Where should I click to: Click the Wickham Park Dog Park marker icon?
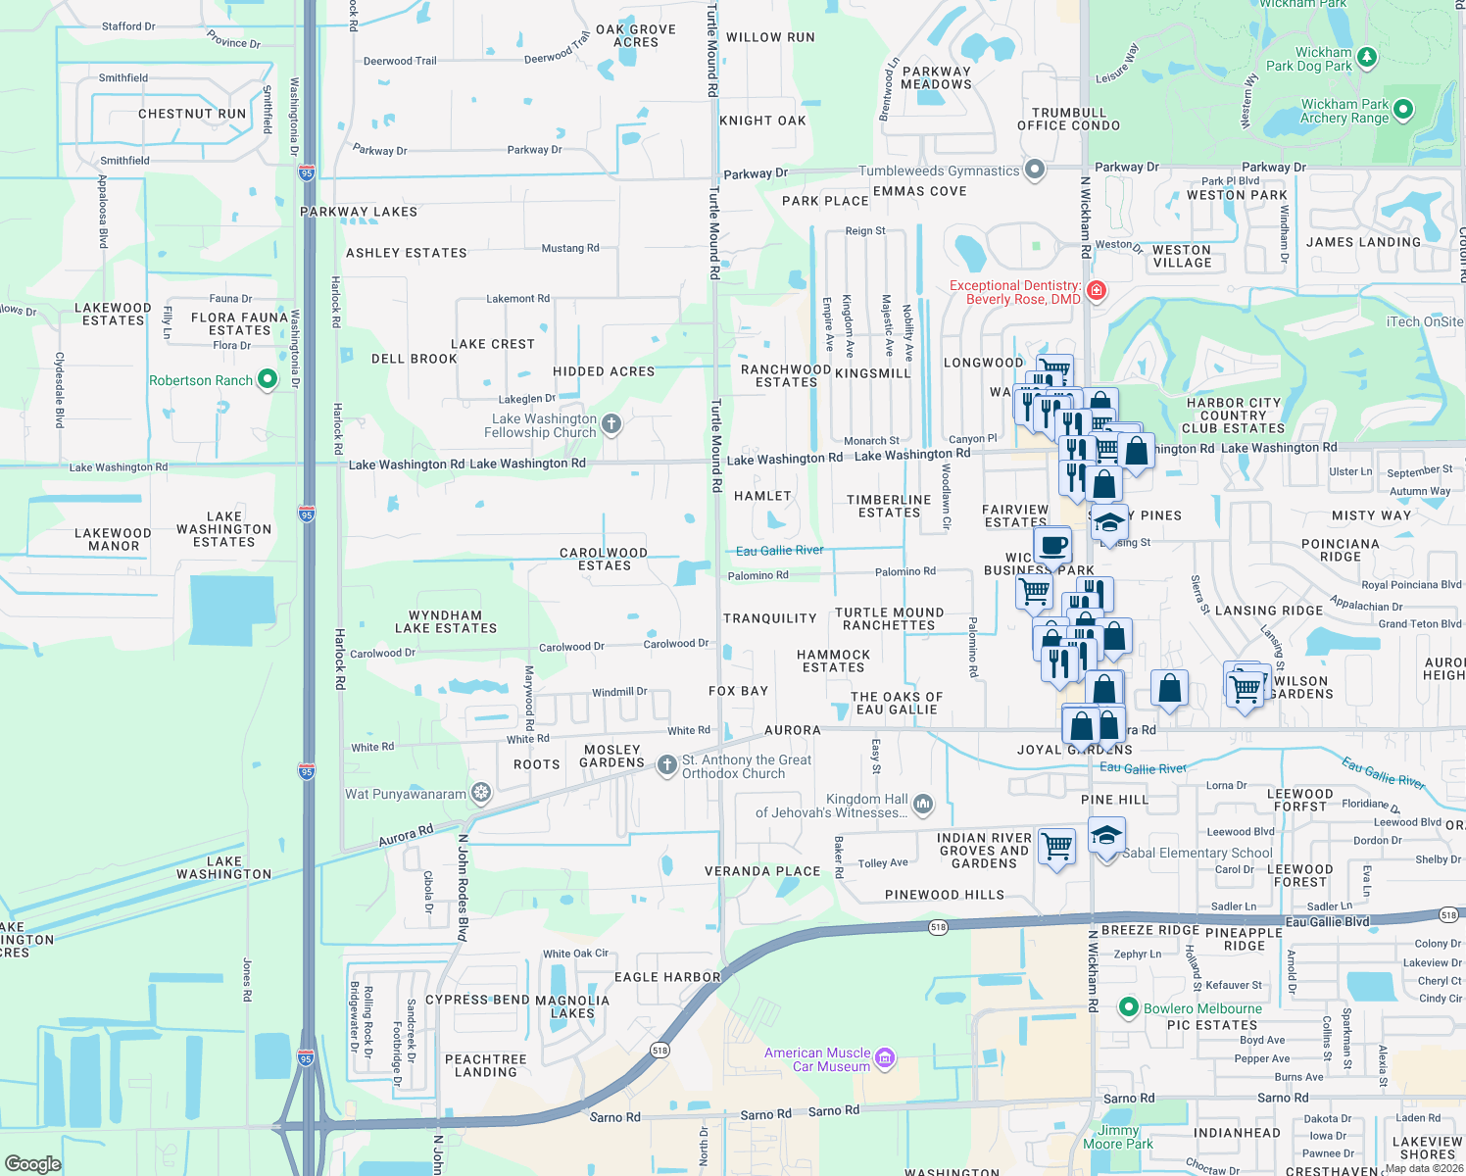pyautogui.click(x=1367, y=57)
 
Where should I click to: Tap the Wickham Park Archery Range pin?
pyautogui.click(x=1402, y=109)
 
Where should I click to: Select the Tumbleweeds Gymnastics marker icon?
pyautogui.click(x=1034, y=170)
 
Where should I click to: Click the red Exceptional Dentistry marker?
pyautogui.click(x=1096, y=290)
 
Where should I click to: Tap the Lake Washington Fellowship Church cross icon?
pyautogui.click(x=611, y=423)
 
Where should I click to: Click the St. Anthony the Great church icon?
pyautogui.click(x=666, y=764)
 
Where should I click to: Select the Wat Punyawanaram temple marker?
pyautogui.click(x=480, y=792)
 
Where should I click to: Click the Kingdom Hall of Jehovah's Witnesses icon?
pyautogui.click(x=922, y=805)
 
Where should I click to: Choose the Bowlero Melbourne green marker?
pyautogui.click(x=1128, y=1007)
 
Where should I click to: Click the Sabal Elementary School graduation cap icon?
pyautogui.click(x=1106, y=836)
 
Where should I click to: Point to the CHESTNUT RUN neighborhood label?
pyautogui.click(x=192, y=114)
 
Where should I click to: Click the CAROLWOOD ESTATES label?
pyautogui.click(x=604, y=559)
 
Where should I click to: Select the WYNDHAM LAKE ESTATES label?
pyautogui.click(x=446, y=622)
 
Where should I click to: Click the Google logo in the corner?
pyautogui.click(x=32, y=1163)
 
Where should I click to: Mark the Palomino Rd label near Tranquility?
pyautogui.click(x=757, y=575)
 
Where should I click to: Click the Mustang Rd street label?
pyautogui.click(x=570, y=248)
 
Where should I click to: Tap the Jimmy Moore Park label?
pyautogui.click(x=1118, y=1137)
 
